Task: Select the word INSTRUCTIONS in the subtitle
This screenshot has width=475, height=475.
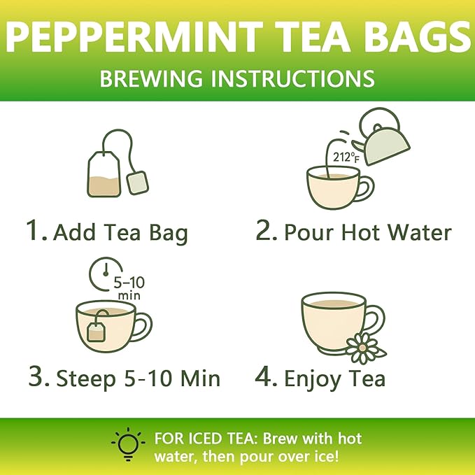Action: tap(292, 78)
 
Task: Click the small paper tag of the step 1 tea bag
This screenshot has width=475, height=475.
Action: tap(138, 183)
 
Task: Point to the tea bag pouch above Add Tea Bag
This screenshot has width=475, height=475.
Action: tap(104, 173)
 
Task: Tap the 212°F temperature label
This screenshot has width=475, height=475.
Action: tap(346, 157)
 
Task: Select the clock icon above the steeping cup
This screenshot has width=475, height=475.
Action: tap(106, 274)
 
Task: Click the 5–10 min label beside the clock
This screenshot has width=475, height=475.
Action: tap(129, 288)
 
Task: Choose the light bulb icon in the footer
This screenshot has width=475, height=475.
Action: tap(128, 444)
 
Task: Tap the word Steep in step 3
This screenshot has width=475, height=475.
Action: tap(86, 379)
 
